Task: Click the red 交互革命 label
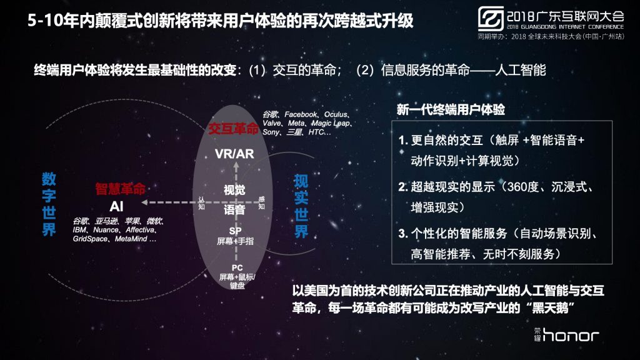[233, 129]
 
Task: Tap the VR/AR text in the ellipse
[234, 154]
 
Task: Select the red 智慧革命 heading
[121, 189]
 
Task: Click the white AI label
[116, 206]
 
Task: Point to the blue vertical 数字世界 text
[49, 204]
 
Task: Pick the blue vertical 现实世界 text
[301, 206]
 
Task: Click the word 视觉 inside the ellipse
[234, 190]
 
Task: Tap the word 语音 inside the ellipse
[234, 210]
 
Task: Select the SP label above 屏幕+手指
[235, 231]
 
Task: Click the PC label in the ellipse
[237, 267]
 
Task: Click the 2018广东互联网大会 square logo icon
[491, 19]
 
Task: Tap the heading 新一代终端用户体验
[451, 109]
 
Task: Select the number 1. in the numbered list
[403, 141]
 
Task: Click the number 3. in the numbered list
[403, 234]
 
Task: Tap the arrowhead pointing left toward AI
[144, 202]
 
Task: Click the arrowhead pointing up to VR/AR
[236, 165]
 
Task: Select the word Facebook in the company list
[301, 114]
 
